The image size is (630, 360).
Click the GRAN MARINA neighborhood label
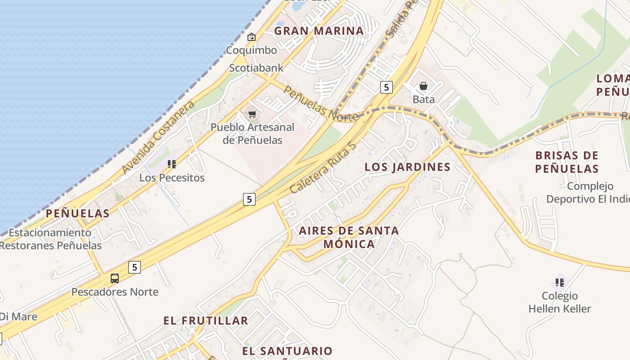tap(319, 31)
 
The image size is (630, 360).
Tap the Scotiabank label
tap(256, 68)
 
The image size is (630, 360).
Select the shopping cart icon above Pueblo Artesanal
tap(252, 114)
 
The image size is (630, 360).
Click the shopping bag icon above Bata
tap(423, 86)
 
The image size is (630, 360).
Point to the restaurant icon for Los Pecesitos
tap(171, 164)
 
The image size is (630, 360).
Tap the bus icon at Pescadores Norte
tap(115, 279)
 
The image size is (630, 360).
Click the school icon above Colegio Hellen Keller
tap(560, 283)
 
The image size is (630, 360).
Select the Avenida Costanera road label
tap(158, 137)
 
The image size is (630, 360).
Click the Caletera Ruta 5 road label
tap(323, 168)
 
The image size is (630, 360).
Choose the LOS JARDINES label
tap(407, 167)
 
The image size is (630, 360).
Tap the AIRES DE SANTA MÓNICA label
tap(349, 237)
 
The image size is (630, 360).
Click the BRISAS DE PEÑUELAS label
tap(567, 162)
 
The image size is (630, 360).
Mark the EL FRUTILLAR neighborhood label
tap(206, 321)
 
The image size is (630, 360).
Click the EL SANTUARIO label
tap(287, 351)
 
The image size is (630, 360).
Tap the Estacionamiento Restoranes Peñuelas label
tap(50, 239)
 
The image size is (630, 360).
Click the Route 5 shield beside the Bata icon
tap(386, 87)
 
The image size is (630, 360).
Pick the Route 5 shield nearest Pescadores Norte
tap(134, 267)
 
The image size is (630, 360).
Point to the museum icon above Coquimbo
tap(252, 37)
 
